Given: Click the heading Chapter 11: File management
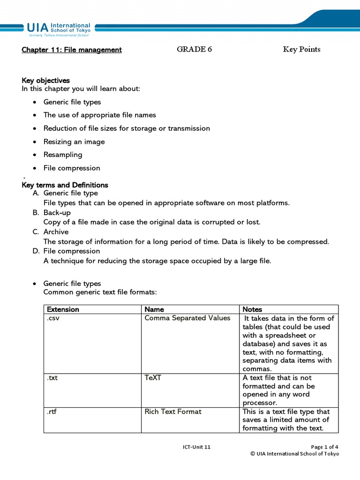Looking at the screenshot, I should [72, 50].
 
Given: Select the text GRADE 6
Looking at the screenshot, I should [194, 49].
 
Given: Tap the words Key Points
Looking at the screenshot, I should [301, 49].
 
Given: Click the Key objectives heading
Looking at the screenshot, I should [45, 81].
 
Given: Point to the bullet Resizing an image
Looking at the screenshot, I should [74, 142].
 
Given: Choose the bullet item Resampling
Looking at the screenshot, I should [63, 155].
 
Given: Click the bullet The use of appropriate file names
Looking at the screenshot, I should [99, 115].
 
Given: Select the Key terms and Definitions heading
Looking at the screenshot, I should [65, 185].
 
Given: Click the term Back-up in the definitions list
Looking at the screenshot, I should [57, 212].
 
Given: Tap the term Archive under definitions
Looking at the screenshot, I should [56, 232].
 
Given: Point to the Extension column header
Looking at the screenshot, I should [63, 309].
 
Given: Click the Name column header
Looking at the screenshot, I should [154, 309].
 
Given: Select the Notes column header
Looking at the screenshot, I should [252, 309].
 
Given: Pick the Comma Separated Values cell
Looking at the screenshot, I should [187, 318].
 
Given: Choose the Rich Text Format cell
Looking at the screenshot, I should [173, 412].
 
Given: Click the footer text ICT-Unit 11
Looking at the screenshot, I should [196, 447].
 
